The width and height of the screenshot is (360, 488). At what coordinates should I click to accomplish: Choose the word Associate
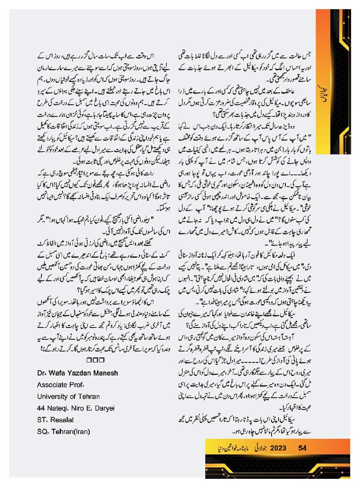[x=51, y=385]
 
